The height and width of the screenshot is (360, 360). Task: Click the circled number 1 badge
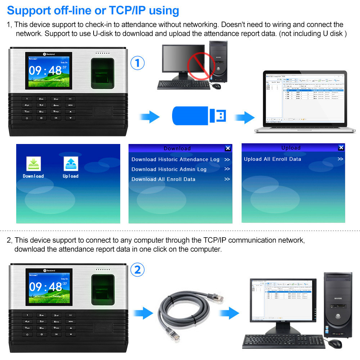click(x=137, y=63)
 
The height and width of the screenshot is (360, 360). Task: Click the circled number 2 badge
click(x=137, y=270)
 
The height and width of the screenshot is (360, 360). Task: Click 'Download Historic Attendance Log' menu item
click(x=175, y=159)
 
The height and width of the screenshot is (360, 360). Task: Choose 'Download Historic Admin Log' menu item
click(x=169, y=169)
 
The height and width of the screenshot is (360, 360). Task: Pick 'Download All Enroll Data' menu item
click(x=163, y=179)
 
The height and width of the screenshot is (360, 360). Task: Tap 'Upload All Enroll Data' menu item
click(x=272, y=159)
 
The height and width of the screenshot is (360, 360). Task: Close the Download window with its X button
click(x=228, y=148)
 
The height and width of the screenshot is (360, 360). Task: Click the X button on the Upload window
click(x=341, y=148)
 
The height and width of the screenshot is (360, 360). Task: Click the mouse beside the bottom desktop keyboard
click(x=335, y=343)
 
